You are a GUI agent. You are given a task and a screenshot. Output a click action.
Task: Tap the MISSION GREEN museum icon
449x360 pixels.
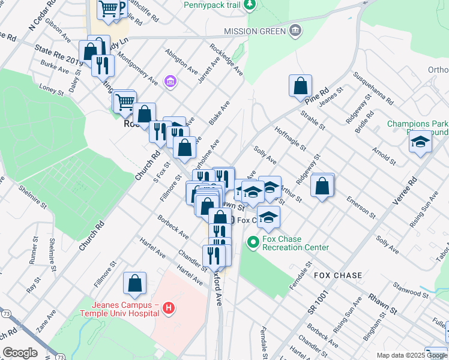295,31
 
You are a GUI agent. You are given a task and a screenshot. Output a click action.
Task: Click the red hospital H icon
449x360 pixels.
169,308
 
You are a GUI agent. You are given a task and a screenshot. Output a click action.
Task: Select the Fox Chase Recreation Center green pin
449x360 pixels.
253,242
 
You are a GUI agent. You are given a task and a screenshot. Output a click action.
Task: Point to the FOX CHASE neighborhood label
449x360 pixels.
338,275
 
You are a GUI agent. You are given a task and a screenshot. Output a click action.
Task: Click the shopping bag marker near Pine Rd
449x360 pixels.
300,86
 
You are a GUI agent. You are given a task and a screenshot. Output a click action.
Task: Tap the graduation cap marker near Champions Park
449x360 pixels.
420,142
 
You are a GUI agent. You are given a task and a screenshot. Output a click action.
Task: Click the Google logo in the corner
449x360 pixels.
20,353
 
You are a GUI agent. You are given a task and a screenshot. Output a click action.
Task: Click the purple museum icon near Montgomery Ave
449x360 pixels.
170,81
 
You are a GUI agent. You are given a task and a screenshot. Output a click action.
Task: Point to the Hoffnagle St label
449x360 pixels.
289,137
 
